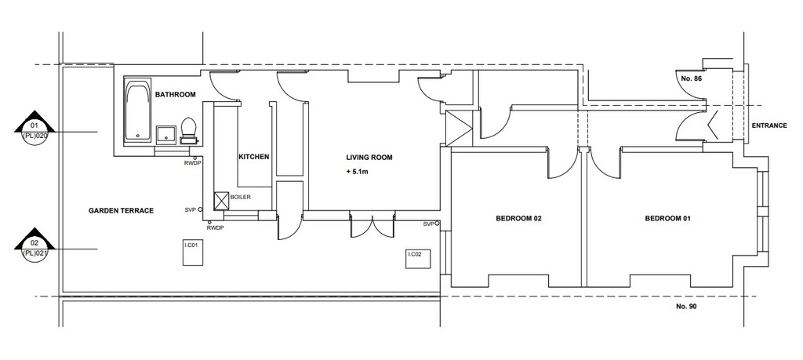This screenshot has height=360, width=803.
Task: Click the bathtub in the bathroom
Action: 138,110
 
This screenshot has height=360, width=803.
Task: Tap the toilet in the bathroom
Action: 188,130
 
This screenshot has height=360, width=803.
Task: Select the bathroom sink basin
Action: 166,133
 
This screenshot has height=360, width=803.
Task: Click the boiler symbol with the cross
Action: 221,201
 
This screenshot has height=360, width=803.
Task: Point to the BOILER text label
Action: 241,197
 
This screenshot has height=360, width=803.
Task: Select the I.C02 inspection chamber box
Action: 419,259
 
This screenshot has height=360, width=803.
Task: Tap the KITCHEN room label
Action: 254,157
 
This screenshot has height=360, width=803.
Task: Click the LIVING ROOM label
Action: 369,157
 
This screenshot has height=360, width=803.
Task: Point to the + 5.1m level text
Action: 357,172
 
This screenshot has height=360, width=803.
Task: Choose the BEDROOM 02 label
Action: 519,218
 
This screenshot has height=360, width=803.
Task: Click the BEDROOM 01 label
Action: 668,218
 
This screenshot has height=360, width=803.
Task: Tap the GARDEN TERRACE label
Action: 121,210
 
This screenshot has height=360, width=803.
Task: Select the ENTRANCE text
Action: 769,125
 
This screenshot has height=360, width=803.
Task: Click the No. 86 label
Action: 691,79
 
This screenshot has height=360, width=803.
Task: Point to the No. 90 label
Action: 686,307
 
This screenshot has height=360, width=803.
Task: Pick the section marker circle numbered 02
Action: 35,248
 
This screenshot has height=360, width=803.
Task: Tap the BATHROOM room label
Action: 176,95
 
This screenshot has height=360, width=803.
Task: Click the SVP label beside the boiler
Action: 190,210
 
